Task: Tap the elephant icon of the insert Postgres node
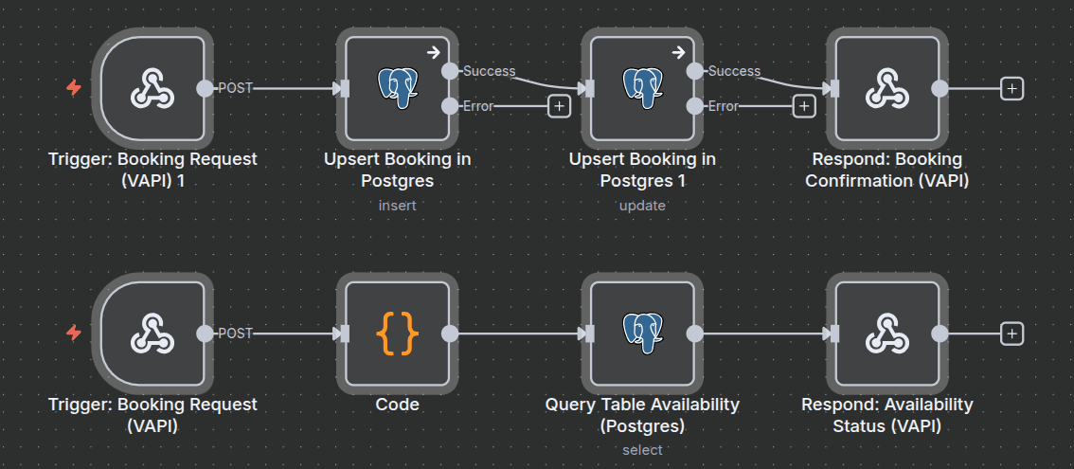(398, 88)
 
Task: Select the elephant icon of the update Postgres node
(643, 88)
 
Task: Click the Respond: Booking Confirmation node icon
(887, 88)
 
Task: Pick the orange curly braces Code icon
(398, 334)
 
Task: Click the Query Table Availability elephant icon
(643, 334)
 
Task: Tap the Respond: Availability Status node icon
(887, 334)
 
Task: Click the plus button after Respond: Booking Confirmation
(1012, 88)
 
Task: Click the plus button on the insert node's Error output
(559, 106)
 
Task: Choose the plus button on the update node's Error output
(804, 106)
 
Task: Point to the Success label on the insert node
(489, 71)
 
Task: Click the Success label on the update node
(734, 71)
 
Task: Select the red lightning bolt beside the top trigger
(74, 88)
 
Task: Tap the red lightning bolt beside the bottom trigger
(74, 334)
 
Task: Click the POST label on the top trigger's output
(235, 88)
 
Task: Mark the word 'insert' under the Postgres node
(398, 205)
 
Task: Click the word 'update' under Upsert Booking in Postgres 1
(642, 205)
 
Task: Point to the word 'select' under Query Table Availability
(642, 450)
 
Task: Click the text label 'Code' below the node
(398, 405)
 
